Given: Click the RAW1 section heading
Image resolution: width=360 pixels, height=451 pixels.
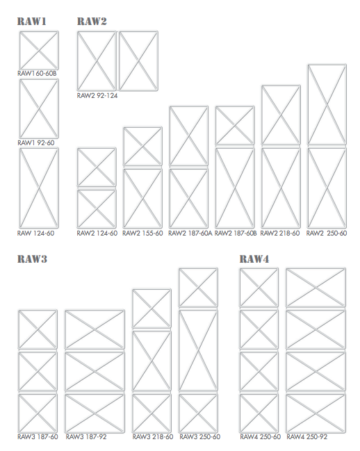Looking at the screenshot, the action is (32, 22).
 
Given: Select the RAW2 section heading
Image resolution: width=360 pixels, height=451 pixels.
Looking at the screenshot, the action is (92, 22).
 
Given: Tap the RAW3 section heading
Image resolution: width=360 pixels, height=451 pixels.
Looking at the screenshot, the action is (32, 259).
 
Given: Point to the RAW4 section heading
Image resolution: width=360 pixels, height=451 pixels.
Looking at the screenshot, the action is (254, 259).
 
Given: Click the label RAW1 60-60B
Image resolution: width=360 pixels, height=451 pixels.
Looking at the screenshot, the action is (37, 74).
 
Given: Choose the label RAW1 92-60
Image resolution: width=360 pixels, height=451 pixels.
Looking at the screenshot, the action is (36, 142).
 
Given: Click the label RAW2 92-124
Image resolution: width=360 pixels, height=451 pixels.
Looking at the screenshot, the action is (97, 95).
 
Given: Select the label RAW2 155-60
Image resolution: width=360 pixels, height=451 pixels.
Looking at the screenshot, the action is (142, 233).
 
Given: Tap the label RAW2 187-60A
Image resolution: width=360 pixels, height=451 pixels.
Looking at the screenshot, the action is (190, 233).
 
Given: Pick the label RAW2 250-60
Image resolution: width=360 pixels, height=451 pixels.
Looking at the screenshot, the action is (327, 233).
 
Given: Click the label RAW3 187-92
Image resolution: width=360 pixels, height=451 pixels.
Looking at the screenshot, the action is (86, 436).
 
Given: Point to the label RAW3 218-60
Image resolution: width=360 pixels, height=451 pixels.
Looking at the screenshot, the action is (153, 436).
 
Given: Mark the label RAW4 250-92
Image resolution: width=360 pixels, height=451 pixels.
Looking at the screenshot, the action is (307, 436).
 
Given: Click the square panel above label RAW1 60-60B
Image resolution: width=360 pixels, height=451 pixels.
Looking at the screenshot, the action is (39, 50).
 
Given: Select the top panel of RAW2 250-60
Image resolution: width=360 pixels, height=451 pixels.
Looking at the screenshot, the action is (327, 104).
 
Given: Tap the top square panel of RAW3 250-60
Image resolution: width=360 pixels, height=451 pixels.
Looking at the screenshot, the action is (198, 287).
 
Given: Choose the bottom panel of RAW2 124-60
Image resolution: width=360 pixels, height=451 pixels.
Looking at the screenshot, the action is (97, 208).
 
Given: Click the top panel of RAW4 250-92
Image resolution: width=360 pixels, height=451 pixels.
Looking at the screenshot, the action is (316, 287).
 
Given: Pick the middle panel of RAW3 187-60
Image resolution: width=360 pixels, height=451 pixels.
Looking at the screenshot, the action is (38, 371).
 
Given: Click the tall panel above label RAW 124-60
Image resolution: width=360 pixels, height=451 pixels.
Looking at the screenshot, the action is (39, 188).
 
